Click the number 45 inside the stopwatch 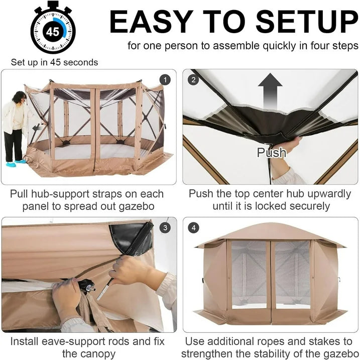click(53, 32)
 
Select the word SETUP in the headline click(307, 22)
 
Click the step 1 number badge click(165, 80)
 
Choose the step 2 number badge click(193, 80)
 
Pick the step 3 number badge click(165, 228)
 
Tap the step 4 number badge click(193, 228)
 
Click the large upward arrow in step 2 click(270, 91)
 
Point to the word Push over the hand click(272, 153)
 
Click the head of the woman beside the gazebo click(19, 97)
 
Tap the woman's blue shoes click(16, 163)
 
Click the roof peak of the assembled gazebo click(271, 224)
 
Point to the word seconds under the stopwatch click(80, 62)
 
